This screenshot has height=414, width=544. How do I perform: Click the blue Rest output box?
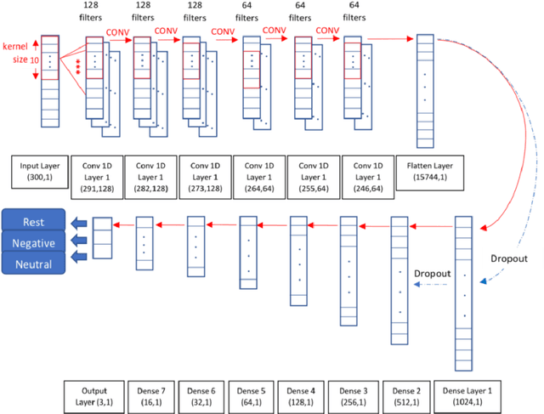[34, 222]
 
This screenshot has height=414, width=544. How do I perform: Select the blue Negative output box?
[34, 243]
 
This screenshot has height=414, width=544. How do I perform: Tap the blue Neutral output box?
[34, 264]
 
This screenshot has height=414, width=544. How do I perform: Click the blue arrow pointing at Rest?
[80, 224]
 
